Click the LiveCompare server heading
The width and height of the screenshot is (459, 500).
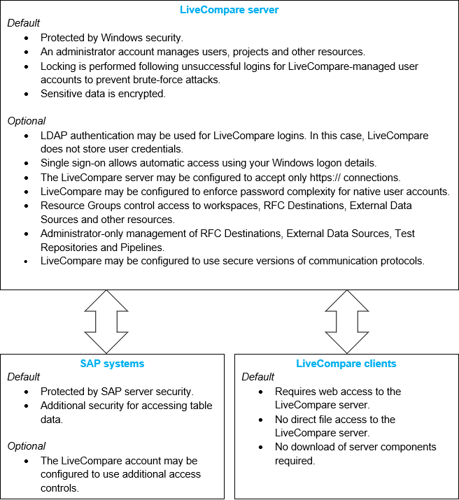[229, 9]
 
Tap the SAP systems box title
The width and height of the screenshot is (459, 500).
[113, 364]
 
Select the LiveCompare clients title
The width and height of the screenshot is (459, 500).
[346, 364]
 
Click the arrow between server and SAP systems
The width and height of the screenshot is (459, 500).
[106, 322]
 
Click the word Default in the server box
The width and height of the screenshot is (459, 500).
[24, 23]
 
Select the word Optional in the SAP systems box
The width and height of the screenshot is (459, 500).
[27, 446]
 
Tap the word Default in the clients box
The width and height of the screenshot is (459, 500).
[258, 377]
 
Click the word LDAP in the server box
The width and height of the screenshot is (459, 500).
[55, 135]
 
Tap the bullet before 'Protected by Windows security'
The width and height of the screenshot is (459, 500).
[27, 38]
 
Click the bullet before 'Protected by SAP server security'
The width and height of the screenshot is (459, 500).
[27, 392]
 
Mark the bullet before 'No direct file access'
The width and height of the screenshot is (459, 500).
[261, 420]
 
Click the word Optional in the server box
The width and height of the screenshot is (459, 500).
[27, 121]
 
